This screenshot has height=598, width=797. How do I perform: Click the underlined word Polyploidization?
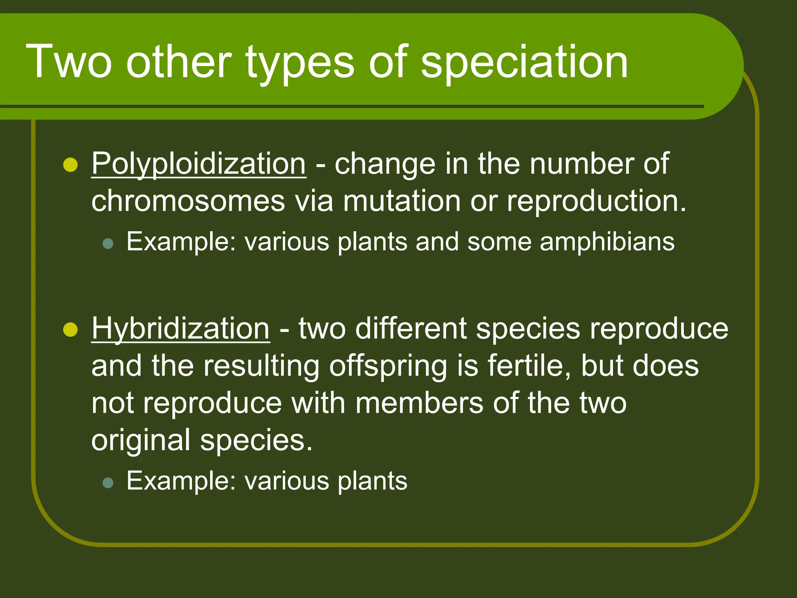click(x=198, y=164)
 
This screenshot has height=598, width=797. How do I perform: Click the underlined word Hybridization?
click(x=180, y=329)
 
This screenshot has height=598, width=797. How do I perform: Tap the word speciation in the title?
click(x=524, y=62)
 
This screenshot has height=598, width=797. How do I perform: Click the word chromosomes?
click(x=188, y=202)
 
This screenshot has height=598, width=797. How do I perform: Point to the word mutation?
click(x=402, y=202)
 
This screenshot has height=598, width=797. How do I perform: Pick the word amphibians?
click(x=607, y=242)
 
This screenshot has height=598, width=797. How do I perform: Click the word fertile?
click(x=528, y=366)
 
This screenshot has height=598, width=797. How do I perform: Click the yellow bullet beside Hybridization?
click(x=70, y=330)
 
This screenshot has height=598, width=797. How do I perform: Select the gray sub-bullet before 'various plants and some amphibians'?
click(x=108, y=244)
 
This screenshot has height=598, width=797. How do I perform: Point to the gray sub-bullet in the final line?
click(x=108, y=483)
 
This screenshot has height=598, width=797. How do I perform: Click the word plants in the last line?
click(x=372, y=482)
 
